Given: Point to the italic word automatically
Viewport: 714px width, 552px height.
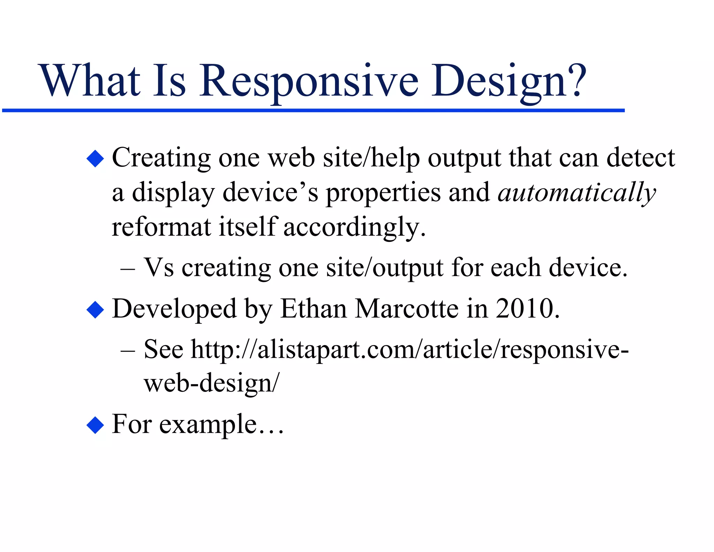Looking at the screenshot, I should (x=577, y=193).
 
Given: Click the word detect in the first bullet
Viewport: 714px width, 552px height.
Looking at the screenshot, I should (x=640, y=158).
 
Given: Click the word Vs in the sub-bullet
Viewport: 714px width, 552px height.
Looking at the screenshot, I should (x=159, y=268).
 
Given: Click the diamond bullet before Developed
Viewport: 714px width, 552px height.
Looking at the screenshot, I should (x=95, y=309).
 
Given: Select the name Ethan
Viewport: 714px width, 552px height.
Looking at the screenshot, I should (x=313, y=309).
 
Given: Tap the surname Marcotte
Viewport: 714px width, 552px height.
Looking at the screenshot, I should (x=406, y=309).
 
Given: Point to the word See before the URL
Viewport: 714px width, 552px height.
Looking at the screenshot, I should (x=163, y=349).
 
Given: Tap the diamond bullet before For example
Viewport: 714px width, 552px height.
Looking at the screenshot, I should (x=95, y=425).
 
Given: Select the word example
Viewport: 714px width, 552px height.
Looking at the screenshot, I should (x=208, y=425).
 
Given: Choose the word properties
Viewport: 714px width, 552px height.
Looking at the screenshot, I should (x=383, y=193).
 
